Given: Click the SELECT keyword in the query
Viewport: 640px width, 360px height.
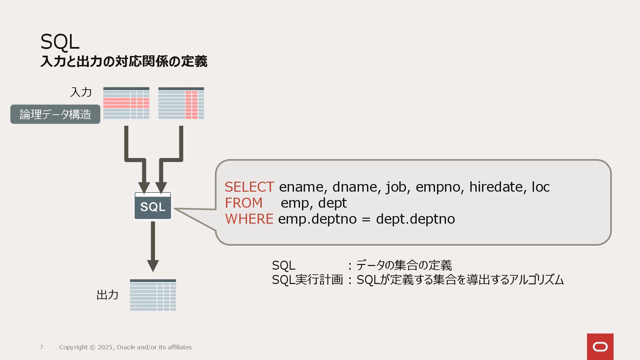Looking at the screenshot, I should click(249, 187).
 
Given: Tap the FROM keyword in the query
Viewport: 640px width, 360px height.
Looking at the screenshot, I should click(244, 203).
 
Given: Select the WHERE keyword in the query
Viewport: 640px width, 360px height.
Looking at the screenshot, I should click(249, 219).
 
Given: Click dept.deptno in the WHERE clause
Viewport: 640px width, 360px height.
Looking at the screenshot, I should click(415, 219).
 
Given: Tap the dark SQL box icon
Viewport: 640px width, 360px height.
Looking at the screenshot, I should click(153, 206).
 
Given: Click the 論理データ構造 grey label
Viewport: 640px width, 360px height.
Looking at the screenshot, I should click(55, 114).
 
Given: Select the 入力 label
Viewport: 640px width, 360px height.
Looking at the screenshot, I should click(81, 92).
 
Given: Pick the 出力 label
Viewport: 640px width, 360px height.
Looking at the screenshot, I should click(107, 295).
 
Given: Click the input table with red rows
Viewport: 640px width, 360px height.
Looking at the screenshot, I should click(126, 103).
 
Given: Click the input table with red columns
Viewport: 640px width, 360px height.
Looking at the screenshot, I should click(181, 103).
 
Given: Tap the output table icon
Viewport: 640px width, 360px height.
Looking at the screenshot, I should click(153, 295).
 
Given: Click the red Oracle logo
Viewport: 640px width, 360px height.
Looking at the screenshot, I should click(600, 347).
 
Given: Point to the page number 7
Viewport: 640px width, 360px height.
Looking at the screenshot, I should click(42, 347).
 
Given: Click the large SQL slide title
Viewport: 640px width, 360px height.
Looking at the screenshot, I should click(60, 42).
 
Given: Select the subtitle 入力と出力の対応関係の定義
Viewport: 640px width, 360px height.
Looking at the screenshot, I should click(124, 62).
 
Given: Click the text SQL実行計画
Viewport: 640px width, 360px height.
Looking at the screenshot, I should click(307, 280).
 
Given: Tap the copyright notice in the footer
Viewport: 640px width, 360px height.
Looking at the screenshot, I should click(125, 347).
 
